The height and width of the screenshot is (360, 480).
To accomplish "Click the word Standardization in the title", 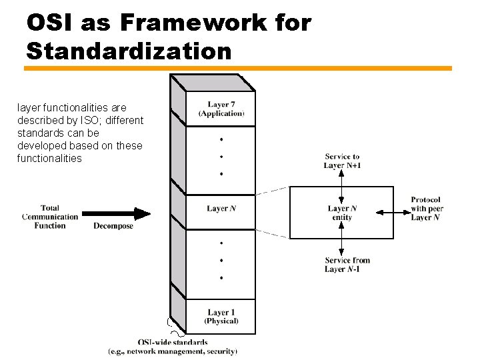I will coord(129,51).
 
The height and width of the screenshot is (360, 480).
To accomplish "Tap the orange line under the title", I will coord(238,68).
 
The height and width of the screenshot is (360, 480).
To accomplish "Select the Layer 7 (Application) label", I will coord(221,109).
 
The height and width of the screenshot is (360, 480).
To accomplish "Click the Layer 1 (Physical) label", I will coord(221,317).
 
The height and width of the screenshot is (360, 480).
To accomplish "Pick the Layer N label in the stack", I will coord(221,209).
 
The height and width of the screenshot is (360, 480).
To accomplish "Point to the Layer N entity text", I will coord(341,213).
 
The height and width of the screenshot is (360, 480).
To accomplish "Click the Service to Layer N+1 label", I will coord(342,161).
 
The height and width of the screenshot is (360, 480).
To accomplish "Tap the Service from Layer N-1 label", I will coord(347,265).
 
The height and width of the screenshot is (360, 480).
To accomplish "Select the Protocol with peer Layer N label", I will coord(427,209).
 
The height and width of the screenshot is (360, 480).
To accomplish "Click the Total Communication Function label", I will coord(50,217).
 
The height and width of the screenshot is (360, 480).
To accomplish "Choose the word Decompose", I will coord(113,226).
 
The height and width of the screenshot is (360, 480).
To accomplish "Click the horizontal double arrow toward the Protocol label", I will coord(391,213).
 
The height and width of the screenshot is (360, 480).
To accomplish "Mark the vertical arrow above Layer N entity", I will coord(341,187).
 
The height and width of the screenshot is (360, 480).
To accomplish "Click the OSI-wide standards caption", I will coord(172,343).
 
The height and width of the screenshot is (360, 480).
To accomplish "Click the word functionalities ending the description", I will coord(49,159).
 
